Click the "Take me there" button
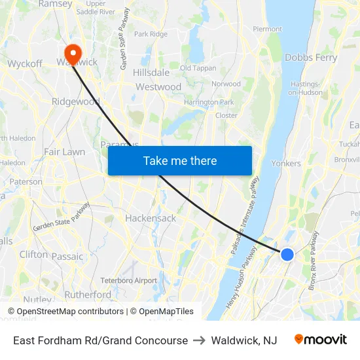click(x=179, y=160)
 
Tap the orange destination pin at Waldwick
click(x=72, y=52)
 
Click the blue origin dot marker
click(x=287, y=254)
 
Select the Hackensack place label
click(x=151, y=218)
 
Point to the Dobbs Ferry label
click(x=311, y=58)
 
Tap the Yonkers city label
click(x=286, y=163)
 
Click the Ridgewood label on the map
click(x=76, y=101)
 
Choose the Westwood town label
click(x=158, y=86)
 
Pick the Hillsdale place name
click(x=151, y=73)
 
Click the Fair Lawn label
click(x=64, y=152)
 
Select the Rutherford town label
click(x=88, y=295)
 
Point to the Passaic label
click(x=67, y=257)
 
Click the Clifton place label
click(x=33, y=254)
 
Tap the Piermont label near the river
click(x=267, y=29)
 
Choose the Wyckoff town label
click(x=25, y=63)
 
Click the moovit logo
click(x=320, y=340)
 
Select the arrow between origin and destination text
click(x=199, y=340)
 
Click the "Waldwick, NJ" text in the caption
click(x=243, y=340)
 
